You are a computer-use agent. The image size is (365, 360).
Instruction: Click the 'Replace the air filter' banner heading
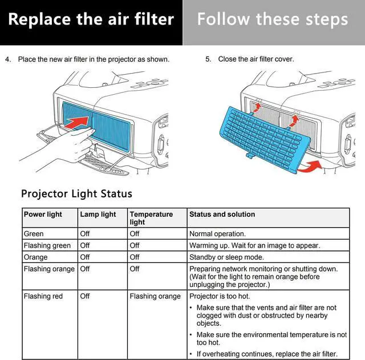coord(91,19)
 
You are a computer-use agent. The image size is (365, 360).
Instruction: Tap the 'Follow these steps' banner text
coord(273,19)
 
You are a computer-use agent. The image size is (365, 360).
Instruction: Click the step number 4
coord(8,59)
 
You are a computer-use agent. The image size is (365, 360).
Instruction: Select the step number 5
coord(208,59)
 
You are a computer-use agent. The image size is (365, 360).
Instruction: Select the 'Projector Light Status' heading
coord(76,193)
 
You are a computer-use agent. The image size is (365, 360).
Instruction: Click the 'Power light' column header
coord(43,215)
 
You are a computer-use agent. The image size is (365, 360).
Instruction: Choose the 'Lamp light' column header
coord(98,215)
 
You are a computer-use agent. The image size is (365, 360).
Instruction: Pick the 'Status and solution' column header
coord(222,215)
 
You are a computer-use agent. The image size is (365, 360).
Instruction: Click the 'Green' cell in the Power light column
coord(34,234)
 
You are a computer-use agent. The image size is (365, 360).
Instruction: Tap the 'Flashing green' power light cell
coord(47,245)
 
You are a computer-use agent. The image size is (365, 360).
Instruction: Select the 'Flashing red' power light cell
coord(43,296)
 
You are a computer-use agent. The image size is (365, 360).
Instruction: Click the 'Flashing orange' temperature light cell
coord(155,296)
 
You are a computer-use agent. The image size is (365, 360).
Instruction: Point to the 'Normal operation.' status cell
coord(217,234)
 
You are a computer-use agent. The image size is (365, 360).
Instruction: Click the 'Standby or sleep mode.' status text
coord(226,257)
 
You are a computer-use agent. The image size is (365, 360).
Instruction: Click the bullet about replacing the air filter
coord(267,354)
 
